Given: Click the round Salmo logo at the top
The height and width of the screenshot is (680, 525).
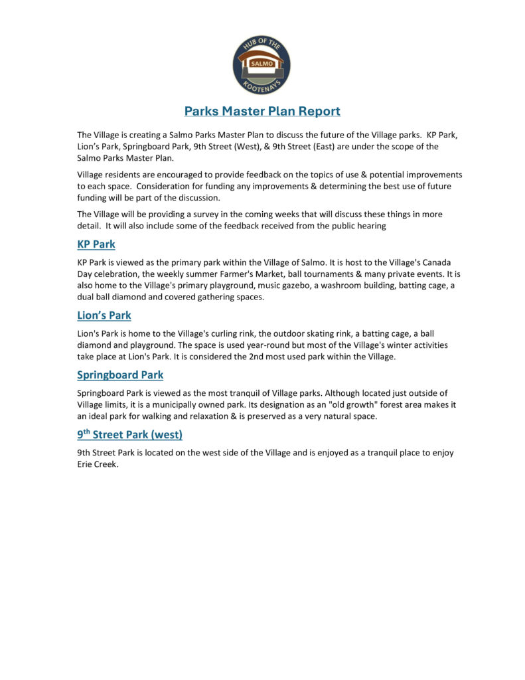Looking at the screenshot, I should pyautogui.click(x=262, y=65).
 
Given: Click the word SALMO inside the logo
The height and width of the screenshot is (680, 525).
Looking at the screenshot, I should pyautogui.click(x=262, y=64).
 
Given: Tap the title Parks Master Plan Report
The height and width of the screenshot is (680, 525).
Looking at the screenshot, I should pyautogui.click(x=262, y=111).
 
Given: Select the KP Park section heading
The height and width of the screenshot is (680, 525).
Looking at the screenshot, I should pyautogui.click(x=96, y=244).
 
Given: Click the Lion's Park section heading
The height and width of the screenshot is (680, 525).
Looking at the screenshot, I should pyautogui.click(x=104, y=315).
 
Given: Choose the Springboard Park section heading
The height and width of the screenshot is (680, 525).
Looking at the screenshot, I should pyautogui.click(x=120, y=375).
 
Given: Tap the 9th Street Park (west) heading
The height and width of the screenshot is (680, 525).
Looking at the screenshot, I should pyautogui.click(x=129, y=435).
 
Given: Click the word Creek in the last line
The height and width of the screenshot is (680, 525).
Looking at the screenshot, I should pyautogui.click(x=110, y=464).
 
